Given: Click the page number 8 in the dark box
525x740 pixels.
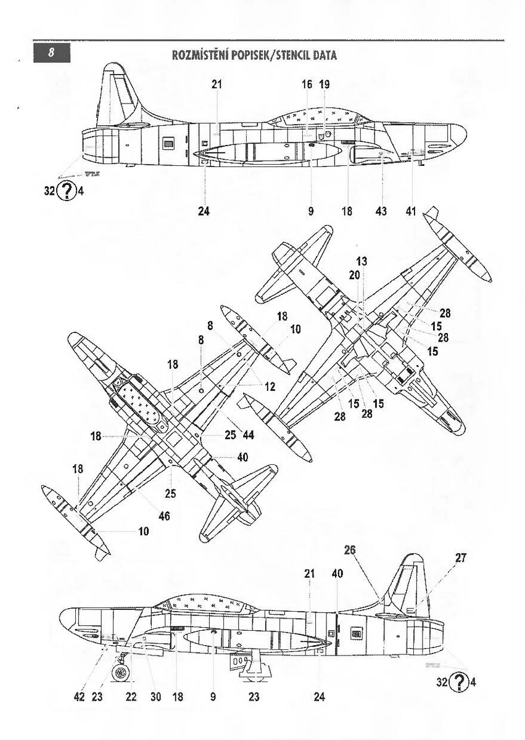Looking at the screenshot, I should (53, 54).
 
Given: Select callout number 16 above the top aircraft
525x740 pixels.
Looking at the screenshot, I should (307, 84).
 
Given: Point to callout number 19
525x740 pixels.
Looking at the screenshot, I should (325, 84).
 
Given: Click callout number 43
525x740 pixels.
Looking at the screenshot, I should (381, 212).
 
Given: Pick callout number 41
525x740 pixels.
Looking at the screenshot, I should (411, 212).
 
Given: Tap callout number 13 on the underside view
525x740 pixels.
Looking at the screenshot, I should (362, 261).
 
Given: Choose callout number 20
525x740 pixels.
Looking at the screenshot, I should (354, 276).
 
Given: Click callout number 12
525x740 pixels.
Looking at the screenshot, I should (270, 387).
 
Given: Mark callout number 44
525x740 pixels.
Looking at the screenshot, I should (249, 435).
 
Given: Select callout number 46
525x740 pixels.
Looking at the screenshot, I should (165, 516).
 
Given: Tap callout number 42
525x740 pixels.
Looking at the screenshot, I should (79, 697).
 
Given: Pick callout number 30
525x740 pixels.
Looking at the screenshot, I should (155, 697).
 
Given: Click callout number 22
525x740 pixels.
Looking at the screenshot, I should (131, 697).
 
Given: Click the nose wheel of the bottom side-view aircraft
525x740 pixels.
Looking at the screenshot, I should (122, 672).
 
